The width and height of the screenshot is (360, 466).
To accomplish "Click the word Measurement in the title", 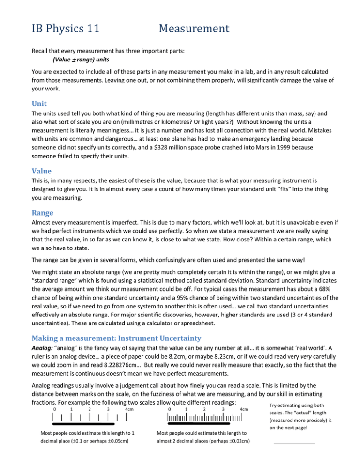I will pyautogui.click(x=194, y=29).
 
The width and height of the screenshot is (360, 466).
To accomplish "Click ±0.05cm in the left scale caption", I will pyautogui.click(x=114, y=455).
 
